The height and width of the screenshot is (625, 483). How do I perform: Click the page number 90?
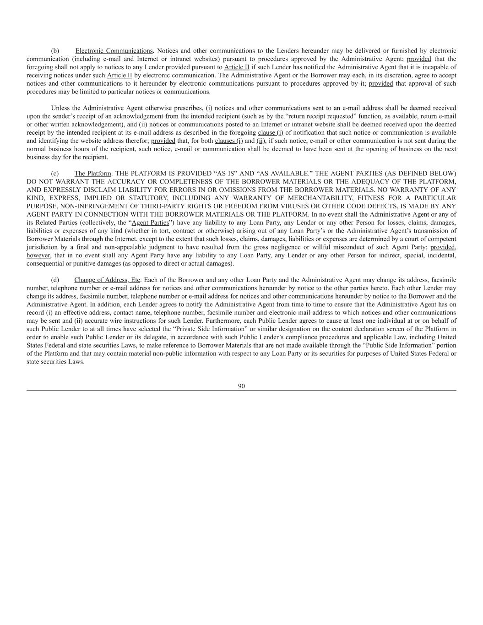[x=241, y=386]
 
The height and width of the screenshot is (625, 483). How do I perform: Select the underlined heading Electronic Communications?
[x=114, y=51]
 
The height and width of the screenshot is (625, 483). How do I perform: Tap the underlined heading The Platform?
[x=92, y=174]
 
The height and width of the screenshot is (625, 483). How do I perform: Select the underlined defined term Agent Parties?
[x=150, y=223]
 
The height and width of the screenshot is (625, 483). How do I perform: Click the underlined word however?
[x=38, y=255]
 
